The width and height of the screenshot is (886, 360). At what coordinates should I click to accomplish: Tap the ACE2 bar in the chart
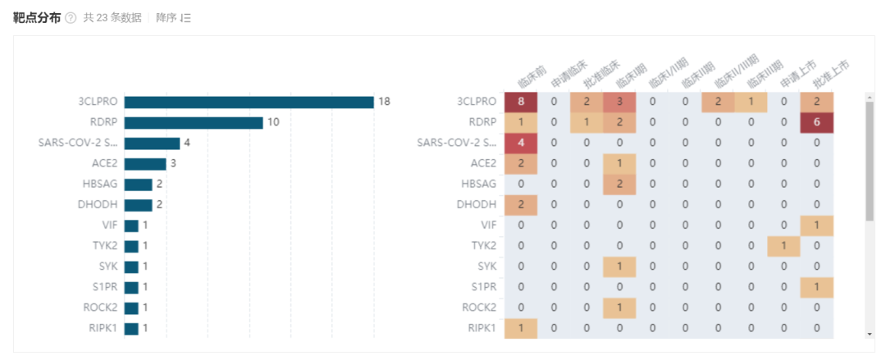click(145, 164)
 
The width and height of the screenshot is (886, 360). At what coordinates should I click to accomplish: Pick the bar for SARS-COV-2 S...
click(152, 144)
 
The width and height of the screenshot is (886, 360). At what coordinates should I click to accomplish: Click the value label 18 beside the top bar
click(384, 103)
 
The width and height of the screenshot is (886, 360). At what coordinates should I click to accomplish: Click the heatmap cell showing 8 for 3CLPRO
click(521, 102)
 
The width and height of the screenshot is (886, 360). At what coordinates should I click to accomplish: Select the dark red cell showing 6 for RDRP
click(816, 122)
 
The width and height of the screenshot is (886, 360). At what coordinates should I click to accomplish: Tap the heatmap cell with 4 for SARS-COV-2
click(521, 143)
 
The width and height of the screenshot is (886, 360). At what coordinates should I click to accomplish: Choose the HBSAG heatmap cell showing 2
click(619, 184)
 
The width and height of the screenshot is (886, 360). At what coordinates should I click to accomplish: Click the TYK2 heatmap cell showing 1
click(783, 245)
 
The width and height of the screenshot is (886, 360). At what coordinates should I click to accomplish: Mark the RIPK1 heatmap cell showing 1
click(521, 327)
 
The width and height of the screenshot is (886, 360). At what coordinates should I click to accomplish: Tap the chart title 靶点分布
click(36, 18)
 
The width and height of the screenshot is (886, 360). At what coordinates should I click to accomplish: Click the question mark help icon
click(71, 19)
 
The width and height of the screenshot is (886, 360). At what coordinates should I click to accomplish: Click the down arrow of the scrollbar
click(870, 334)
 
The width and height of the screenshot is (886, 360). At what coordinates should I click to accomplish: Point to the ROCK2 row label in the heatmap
click(478, 307)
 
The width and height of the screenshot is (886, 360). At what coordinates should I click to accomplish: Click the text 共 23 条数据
click(112, 18)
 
